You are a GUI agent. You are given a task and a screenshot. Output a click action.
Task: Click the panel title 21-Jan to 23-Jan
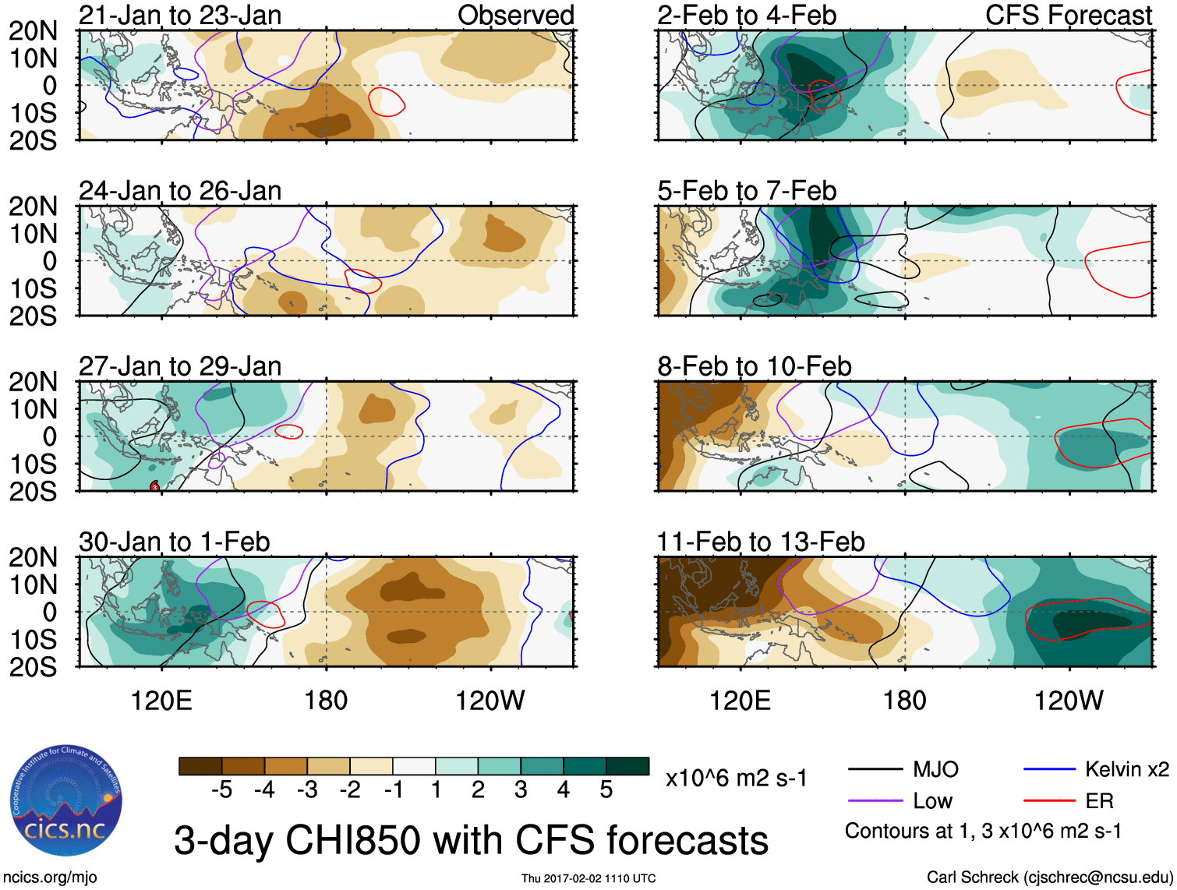pos(180,16)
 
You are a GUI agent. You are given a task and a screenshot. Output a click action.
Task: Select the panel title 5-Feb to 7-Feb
pos(747,191)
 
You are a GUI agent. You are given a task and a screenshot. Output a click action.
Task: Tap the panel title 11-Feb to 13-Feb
pos(761,542)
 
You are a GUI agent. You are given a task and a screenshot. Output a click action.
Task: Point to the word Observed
pos(516,16)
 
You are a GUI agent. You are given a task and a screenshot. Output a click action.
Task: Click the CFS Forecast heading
pos(1069,16)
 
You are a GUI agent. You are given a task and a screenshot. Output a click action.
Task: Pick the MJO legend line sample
pos(875,770)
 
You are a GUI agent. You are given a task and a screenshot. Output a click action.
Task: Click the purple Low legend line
pos(875,800)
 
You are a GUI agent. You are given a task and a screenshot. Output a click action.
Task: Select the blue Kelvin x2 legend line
pos(1049,770)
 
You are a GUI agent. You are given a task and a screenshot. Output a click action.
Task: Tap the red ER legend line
pos(1049,800)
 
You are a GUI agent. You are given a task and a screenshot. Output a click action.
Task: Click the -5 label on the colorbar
pos(221,790)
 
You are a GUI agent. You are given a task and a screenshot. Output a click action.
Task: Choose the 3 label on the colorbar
pos(521,790)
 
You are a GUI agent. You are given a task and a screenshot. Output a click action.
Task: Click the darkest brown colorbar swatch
pos(200,766)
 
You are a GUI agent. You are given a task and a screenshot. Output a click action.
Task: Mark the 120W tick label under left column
pos(490,701)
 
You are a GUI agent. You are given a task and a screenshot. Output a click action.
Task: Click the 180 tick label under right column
pos(904,701)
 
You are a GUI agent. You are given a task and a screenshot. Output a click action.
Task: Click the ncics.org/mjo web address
pos(50,878)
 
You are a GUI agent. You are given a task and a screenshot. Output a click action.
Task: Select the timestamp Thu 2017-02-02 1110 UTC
pos(588,878)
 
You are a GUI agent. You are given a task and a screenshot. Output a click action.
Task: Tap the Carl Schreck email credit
pos(1049,878)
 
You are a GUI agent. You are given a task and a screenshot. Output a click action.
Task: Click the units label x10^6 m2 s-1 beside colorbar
pos(737,779)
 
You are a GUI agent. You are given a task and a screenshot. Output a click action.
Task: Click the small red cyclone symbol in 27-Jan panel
pos(154,486)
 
